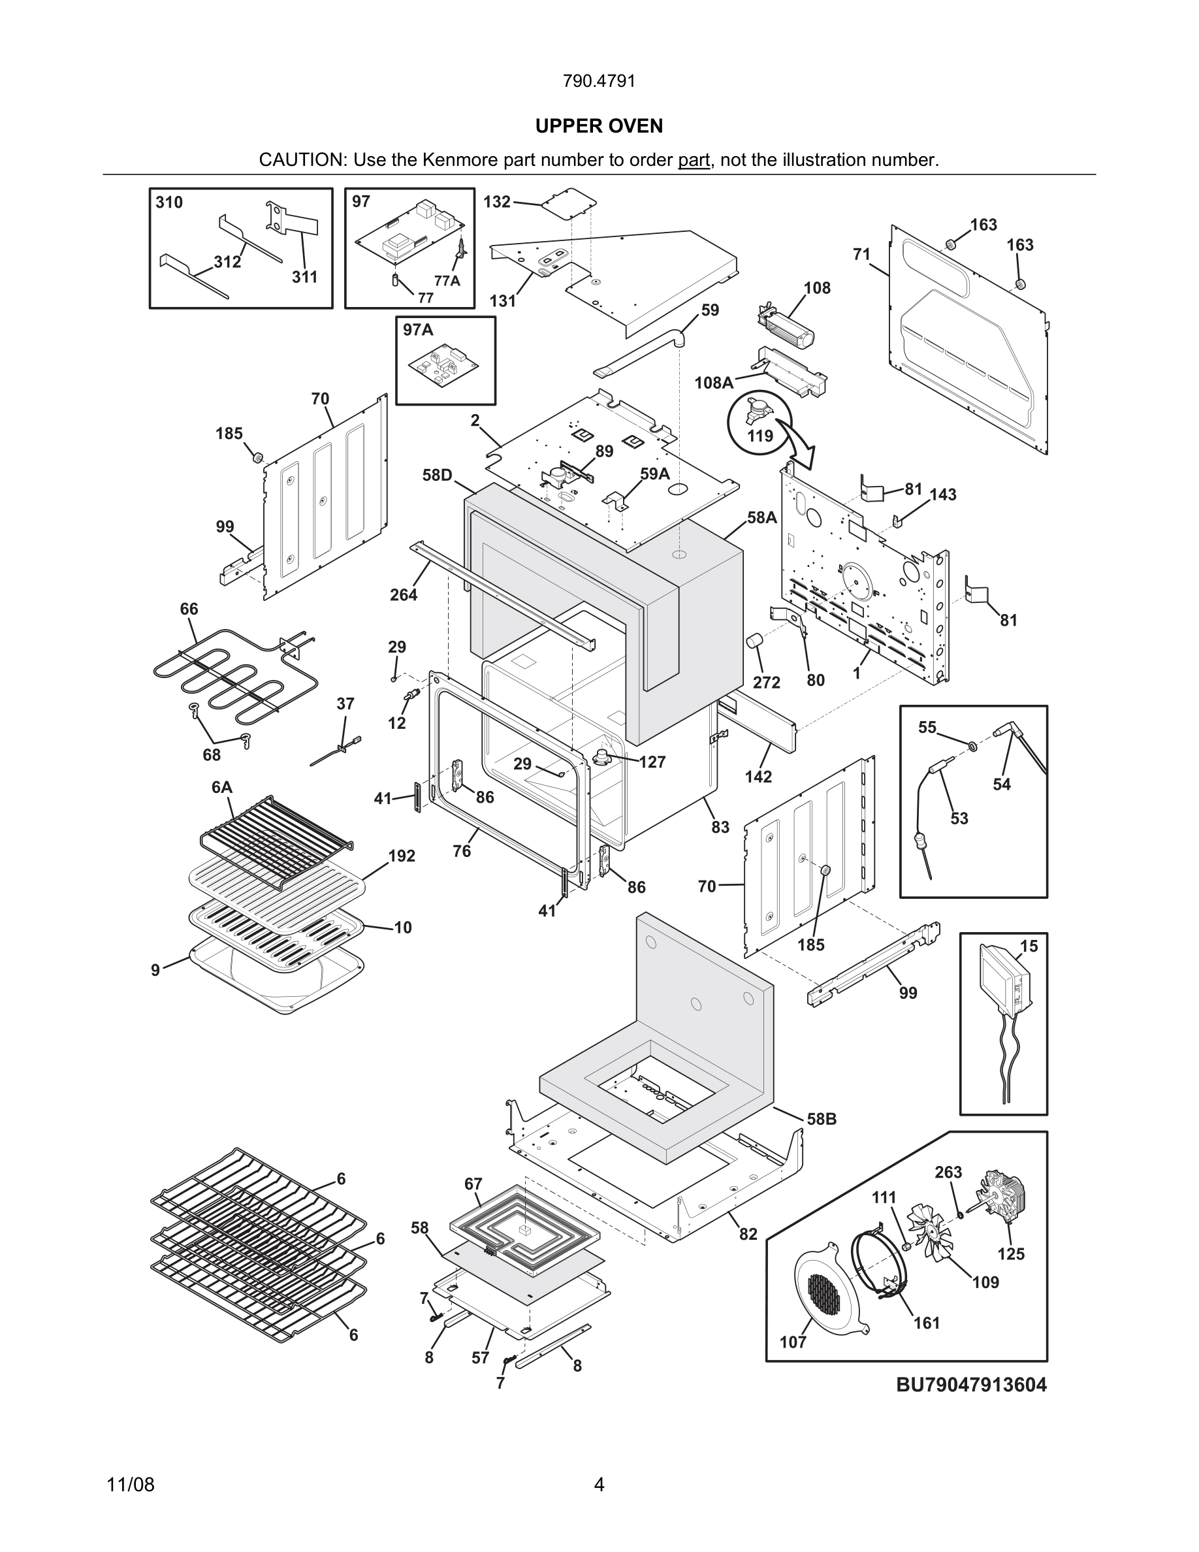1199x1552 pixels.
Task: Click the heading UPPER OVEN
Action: [x=599, y=126]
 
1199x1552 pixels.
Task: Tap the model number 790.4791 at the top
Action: [x=599, y=81]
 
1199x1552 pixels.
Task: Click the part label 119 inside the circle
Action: [x=760, y=436]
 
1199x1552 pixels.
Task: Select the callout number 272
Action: [x=767, y=682]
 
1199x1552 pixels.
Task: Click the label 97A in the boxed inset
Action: [x=418, y=330]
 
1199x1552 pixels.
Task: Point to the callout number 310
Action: [x=169, y=202]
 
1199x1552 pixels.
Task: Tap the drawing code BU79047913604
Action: [x=971, y=1384]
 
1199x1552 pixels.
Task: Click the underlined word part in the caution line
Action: [x=694, y=160]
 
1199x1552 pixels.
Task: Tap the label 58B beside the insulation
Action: [x=821, y=1119]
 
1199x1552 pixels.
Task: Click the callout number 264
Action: [x=404, y=595]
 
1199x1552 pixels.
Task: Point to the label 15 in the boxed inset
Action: [x=1029, y=946]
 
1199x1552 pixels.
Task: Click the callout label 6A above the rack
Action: [x=221, y=786]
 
